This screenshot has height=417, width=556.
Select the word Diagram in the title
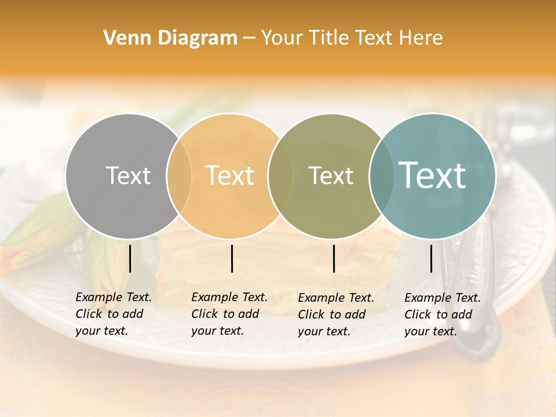197,38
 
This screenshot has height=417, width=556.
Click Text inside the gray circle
129,175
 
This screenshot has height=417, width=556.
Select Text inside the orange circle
230,175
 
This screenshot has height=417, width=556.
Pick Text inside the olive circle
331,175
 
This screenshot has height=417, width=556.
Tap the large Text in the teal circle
433,175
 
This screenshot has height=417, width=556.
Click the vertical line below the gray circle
130,258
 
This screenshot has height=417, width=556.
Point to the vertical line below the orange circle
232,258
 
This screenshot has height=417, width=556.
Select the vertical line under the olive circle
334,258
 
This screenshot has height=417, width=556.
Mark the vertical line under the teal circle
431,258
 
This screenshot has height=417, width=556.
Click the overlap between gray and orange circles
179,175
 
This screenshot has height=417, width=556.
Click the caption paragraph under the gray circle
114,314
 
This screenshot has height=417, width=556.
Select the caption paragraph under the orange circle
229,314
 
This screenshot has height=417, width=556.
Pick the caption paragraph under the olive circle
336,314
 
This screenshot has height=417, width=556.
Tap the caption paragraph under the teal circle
442,314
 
